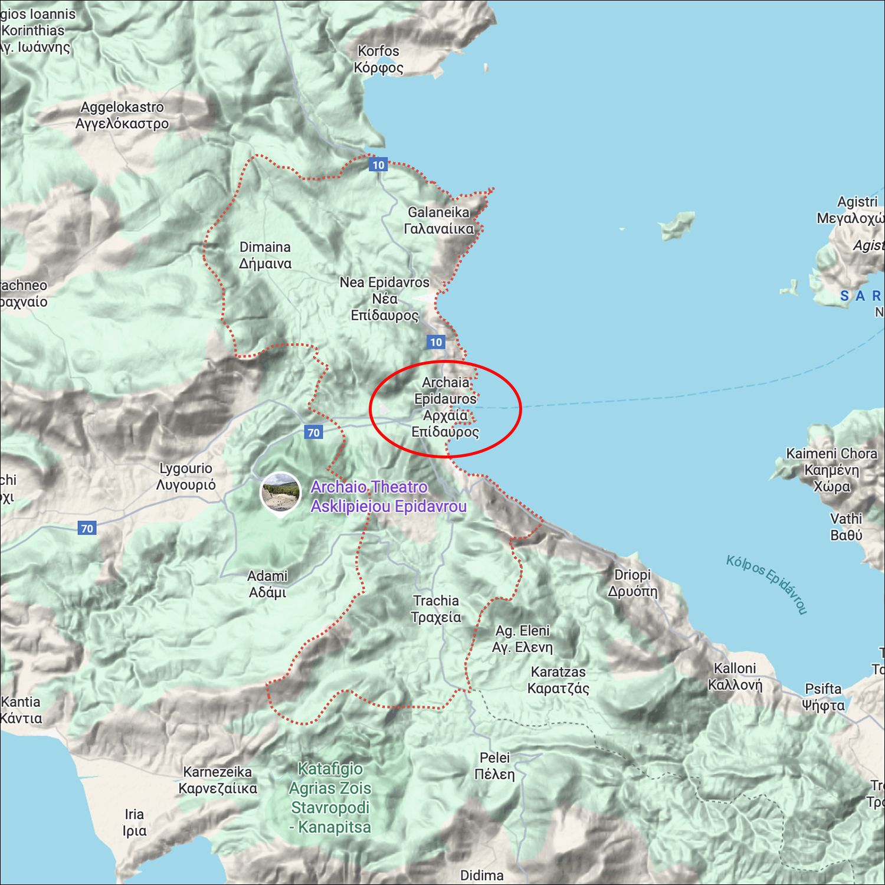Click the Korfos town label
[378, 59]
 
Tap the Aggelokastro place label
[122, 115]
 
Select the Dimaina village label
[265, 255]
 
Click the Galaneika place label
[439, 220]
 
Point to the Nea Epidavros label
[385, 299]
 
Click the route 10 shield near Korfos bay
[378, 165]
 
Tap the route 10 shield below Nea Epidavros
[436, 342]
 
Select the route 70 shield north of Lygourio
[314, 432]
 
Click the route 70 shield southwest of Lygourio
[87, 528]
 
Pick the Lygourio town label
[186, 476]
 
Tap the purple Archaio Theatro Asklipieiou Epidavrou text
[388, 496]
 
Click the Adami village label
[267, 584]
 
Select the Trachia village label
[436, 608]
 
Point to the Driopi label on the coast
[632, 582]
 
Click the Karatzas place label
[558, 680]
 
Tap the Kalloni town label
[735, 676]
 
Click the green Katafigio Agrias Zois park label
[330, 798]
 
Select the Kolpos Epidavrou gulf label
[766, 584]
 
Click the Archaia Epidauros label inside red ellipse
[445, 407]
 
